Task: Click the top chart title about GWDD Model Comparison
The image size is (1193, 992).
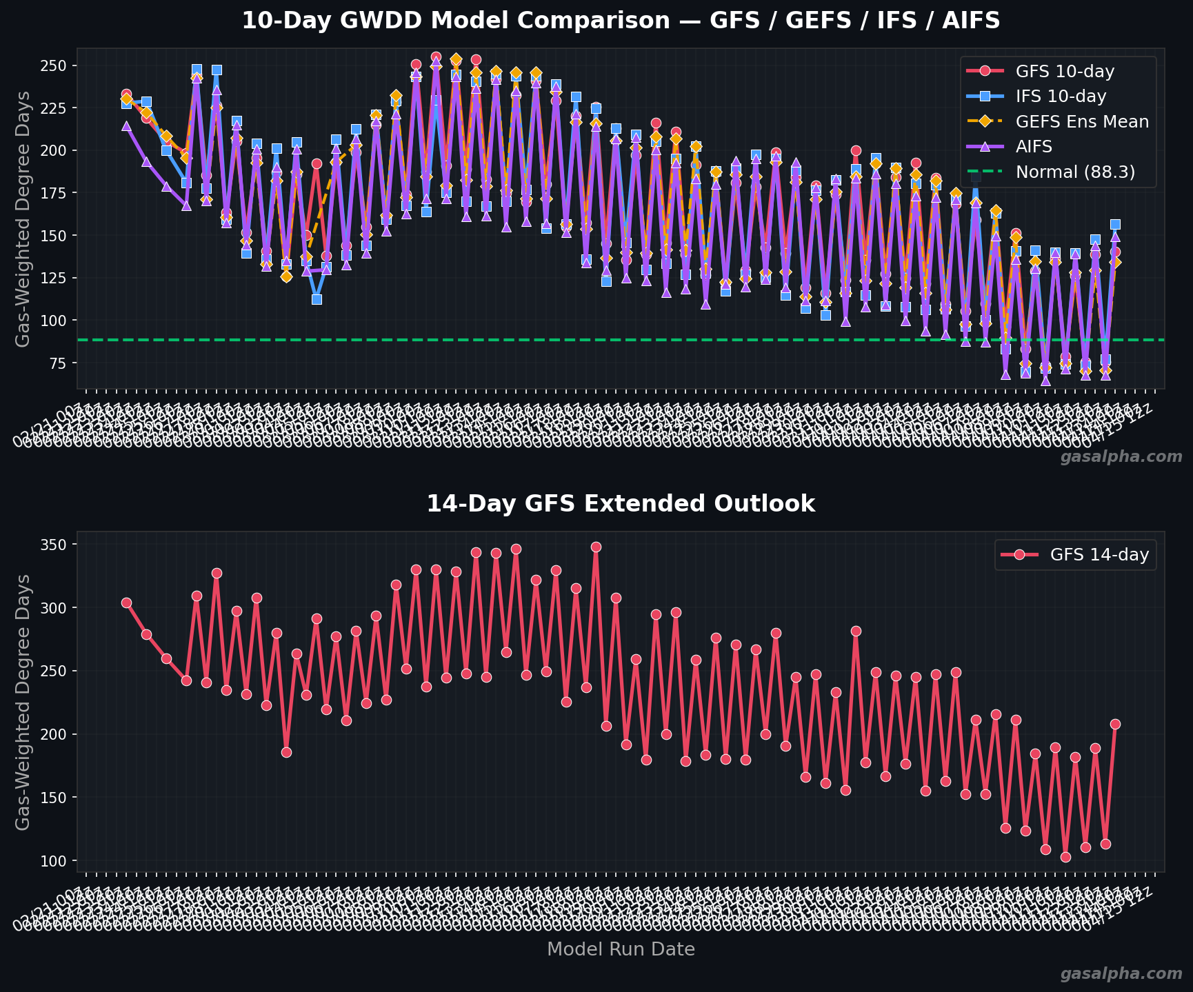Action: coord(621,21)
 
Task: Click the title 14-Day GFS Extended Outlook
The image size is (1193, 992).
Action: coord(621,504)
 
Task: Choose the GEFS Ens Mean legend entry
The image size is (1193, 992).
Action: coord(1082,122)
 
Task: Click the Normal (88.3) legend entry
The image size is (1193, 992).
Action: coord(1075,172)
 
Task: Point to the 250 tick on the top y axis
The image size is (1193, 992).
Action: coord(57,65)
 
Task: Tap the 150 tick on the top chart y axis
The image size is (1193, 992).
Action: coord(57,236)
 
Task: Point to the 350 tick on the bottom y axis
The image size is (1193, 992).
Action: coord(57,545)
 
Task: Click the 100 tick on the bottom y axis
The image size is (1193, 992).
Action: coord(57,861)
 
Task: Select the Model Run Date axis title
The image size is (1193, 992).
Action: coord(621,949)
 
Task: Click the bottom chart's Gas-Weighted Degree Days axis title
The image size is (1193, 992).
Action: coord(23,702)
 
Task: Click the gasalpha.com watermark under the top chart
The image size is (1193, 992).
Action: coord(1121,457)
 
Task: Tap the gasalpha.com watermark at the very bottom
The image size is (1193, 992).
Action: coord(1121,973)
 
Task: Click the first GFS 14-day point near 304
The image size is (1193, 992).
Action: coord(126,603)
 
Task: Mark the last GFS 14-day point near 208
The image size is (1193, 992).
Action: coord(1115,724)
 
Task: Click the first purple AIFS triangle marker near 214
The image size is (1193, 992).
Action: coord(126,126)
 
